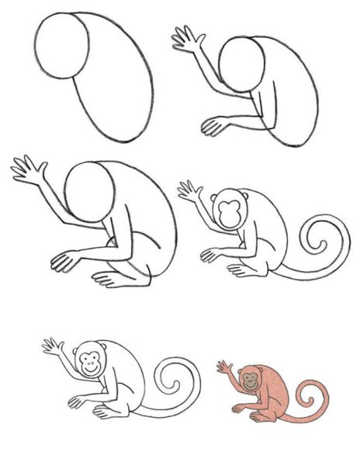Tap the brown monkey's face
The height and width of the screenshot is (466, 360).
[x=250, y=380]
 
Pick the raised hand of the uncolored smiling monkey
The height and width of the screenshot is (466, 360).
[x=54, y=346]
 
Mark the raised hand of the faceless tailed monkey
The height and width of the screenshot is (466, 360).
[x=189, y=190]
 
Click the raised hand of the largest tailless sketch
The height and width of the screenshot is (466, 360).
[x=28, y=170]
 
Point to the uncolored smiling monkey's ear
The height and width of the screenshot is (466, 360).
[x=78, y=357]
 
